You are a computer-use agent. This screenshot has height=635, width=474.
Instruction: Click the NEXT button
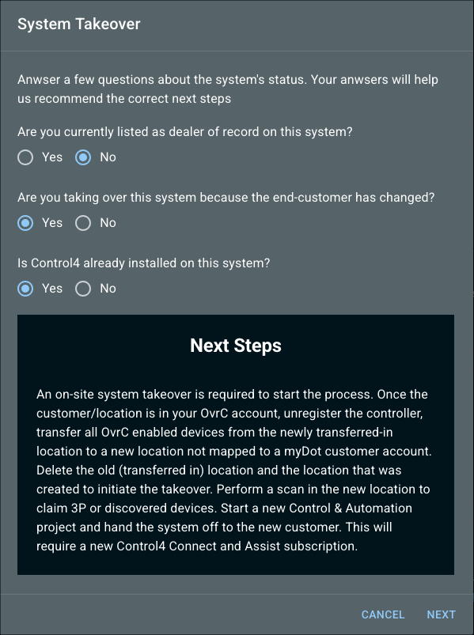tap(441, 614)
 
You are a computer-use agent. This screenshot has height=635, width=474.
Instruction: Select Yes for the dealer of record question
tap(25, 157)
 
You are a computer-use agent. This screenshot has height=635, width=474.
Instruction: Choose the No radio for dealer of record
tap(83, 157)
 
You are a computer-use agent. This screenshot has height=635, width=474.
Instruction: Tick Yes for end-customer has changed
tap(25, 223)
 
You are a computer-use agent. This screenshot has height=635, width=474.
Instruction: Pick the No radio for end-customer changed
tap(83, 223)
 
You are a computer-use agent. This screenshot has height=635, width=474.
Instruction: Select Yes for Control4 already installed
tap(25, 289)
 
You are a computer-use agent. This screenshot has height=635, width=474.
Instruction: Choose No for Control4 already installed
tap(83, 289)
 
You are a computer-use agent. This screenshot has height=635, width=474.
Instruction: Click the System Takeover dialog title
tap(79, 24)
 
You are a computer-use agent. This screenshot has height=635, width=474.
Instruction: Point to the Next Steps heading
tap(236, 346)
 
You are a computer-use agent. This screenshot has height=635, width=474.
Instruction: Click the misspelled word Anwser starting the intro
tap(39, 79)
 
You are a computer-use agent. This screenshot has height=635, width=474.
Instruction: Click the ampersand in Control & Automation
tap(338, 508)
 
